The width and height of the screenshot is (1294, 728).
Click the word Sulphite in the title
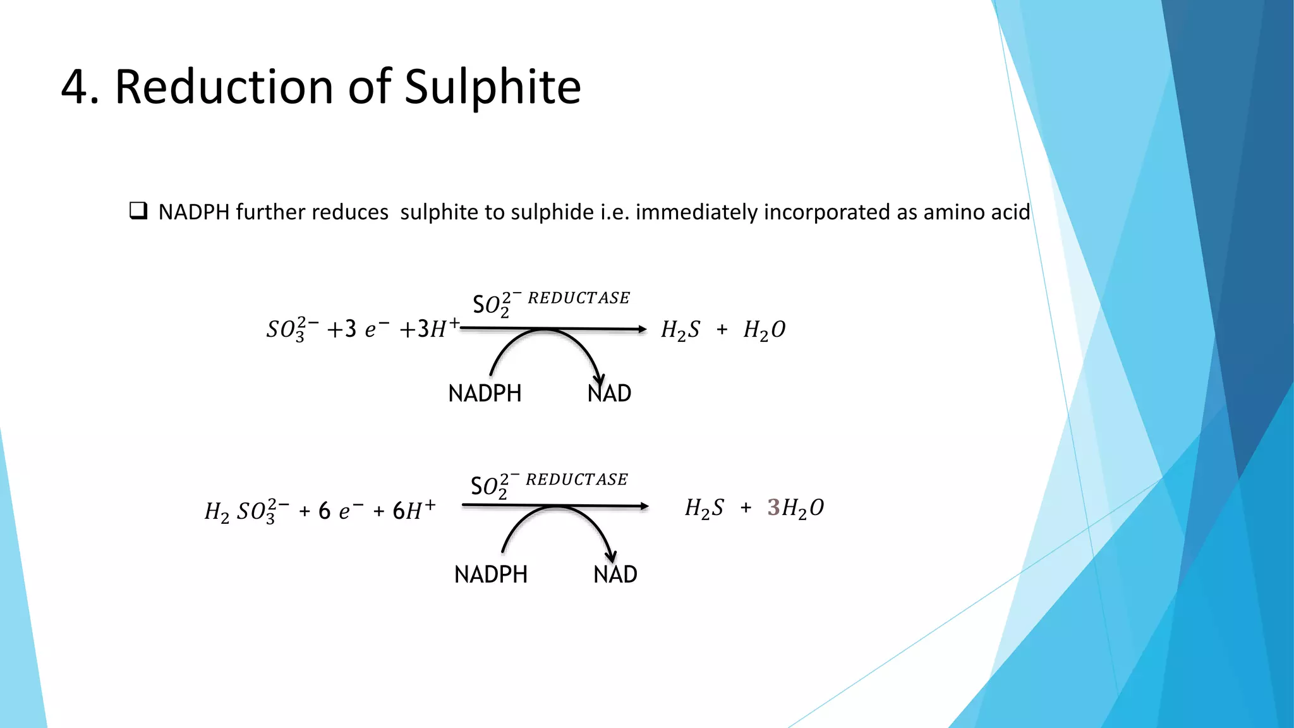[x=492, y=87]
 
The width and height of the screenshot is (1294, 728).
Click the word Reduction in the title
[x=224, y=87]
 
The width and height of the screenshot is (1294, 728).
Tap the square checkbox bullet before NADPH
[x=138, y=210]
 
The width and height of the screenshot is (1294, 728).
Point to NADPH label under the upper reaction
[x=485, y=394]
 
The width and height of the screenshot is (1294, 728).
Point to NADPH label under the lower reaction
[x=490, y=574]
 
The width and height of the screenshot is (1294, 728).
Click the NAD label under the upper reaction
[x=609, y=394]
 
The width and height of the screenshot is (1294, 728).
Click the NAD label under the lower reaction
[x=615, y=574]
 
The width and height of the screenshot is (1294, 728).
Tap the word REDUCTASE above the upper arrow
[x=579, y=298]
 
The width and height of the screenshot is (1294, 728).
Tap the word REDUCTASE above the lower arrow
[x=577, y=480]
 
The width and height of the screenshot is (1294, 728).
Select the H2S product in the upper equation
[x=680, y=330]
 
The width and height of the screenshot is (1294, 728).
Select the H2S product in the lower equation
[x=704, y=508]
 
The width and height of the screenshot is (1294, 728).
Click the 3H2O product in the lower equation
[x=795, y=508]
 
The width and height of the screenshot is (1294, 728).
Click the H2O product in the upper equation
[x=765, y=330]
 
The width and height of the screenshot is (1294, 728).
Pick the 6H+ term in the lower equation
[x=414, y=509]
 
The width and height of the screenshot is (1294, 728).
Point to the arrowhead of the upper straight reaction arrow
[x=642, y=329]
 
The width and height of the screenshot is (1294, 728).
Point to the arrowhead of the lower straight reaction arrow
[x=644, y=506]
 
